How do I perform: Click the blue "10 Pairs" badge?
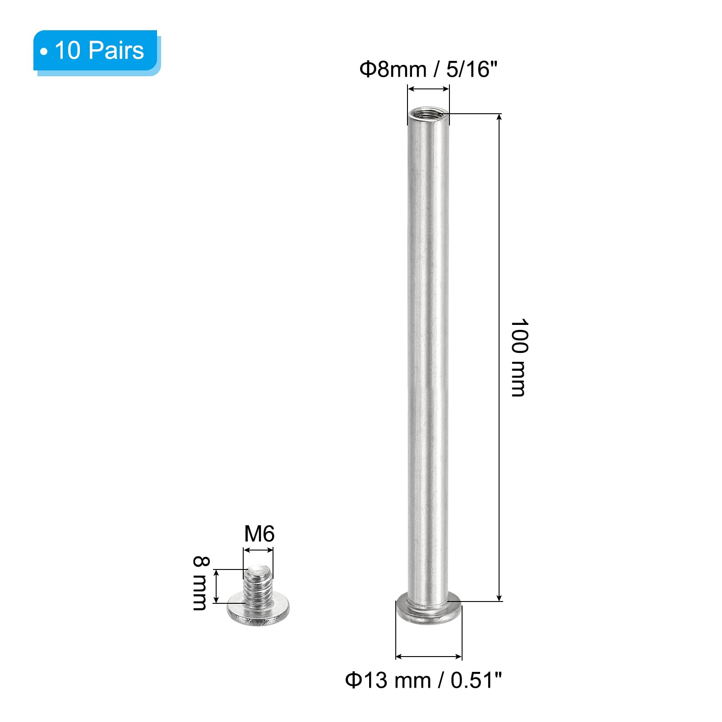(x=97, y=51)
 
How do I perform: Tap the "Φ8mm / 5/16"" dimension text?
(x=428, y=69)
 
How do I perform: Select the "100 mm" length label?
(x=519, y=357)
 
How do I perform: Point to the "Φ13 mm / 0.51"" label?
(x=423, y=680)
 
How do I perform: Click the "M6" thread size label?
(x=259, y=534)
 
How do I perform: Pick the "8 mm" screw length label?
(x=200, y=583)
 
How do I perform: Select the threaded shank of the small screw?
(x=258, y=585)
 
